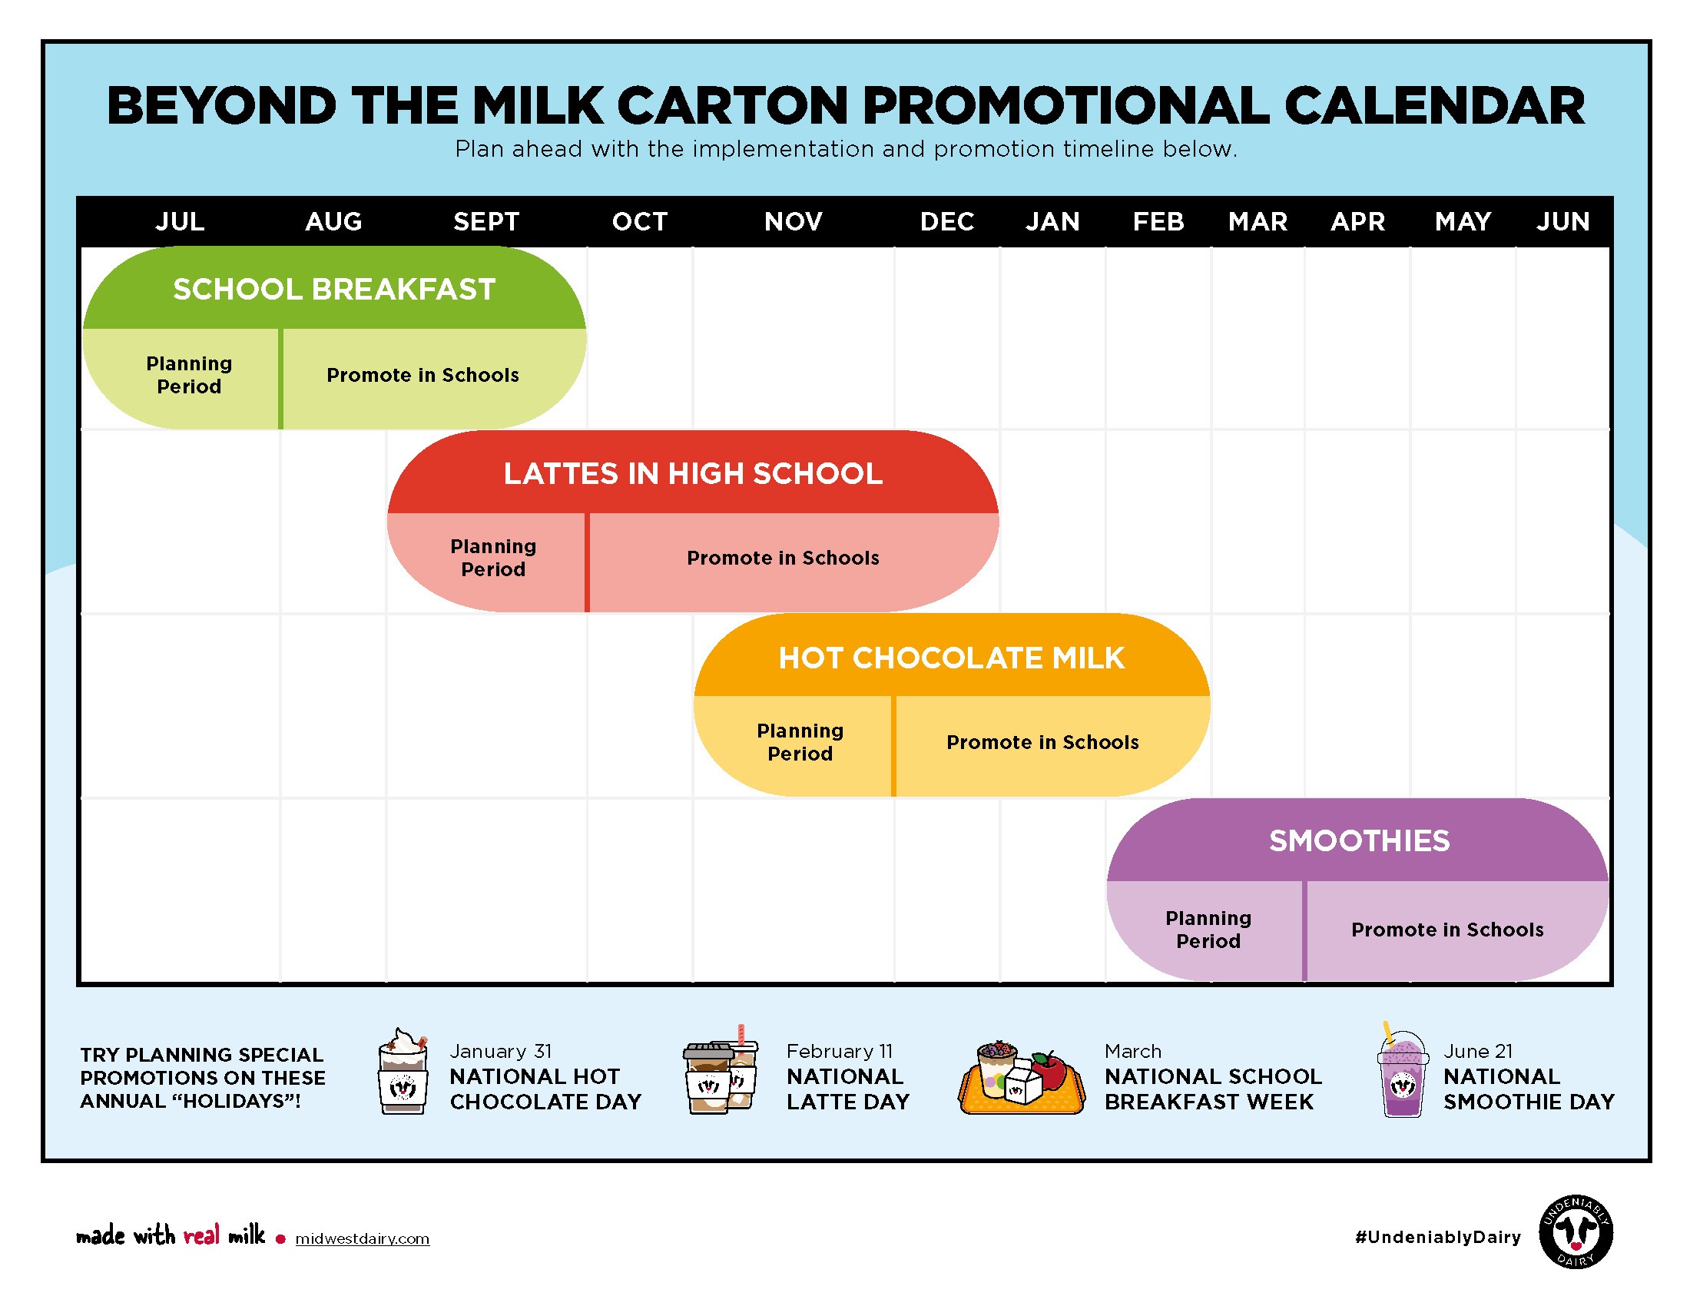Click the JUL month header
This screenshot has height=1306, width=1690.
180,222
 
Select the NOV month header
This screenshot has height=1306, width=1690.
794,222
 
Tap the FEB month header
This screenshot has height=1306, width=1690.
1158,222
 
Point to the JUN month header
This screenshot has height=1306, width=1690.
1562,222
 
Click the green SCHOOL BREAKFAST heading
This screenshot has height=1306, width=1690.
333,290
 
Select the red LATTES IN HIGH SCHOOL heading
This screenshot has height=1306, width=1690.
693,473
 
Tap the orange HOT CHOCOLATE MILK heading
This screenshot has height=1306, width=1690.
951,658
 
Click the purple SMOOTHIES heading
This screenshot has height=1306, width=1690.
1359,841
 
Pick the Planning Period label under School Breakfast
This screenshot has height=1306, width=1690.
189,375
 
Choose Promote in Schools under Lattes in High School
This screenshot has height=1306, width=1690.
783,558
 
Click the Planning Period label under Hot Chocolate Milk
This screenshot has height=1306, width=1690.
800,742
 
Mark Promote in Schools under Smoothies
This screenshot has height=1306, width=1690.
1447,930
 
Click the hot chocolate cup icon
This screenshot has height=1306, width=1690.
403,1072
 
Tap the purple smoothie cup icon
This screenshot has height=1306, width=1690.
1402,1074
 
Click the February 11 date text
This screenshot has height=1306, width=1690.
840,1052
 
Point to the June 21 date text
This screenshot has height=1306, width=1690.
1477,1052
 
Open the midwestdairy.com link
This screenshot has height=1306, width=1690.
362,1238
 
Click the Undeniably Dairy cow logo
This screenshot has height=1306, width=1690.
1576,1232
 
